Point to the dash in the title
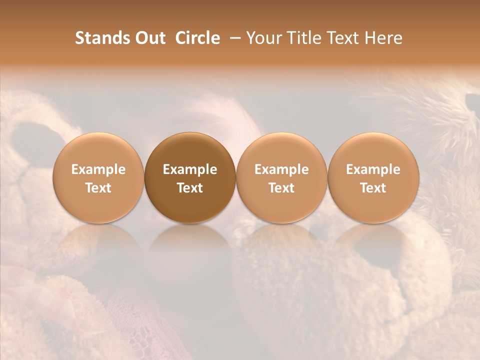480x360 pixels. [x=233, y=38]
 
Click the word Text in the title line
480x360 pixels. [x=343, y=38]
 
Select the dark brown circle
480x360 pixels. [x=190, y=177]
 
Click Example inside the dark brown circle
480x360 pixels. [x=190, y=169]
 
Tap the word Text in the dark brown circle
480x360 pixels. [x=190, y=188]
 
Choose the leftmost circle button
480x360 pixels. [x=98, y=177]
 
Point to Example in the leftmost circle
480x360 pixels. [x=98, y=169]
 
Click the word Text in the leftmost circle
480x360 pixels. [x=98, y=188]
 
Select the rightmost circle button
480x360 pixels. [x=373, y=177]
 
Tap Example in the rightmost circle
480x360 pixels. [x=373, y=169]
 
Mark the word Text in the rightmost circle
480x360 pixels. [x=373, y=188]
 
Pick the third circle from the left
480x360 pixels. [x=281, y=177]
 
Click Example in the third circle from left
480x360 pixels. [x=281, y=169]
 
